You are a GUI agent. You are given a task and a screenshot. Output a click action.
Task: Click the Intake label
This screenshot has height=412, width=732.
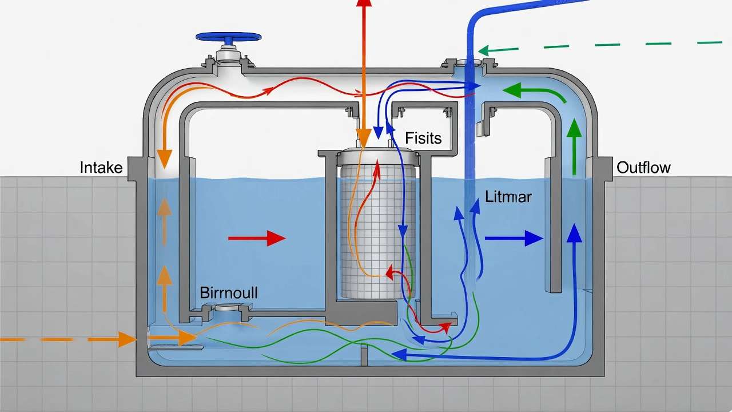101,168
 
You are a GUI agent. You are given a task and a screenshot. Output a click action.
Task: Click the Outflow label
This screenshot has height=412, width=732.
643,168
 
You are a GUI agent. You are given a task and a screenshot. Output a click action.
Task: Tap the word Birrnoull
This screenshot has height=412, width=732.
229,293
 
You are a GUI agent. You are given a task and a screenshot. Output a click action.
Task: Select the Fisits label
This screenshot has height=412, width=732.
423,138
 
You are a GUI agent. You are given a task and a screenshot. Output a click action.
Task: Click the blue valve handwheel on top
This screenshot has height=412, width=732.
229,37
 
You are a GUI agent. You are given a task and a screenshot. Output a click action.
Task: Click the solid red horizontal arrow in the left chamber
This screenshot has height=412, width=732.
257,238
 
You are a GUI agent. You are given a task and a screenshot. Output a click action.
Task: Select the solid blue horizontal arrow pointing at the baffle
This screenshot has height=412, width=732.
513,238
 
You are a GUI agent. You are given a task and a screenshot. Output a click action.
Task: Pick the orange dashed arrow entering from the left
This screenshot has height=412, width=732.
69,339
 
